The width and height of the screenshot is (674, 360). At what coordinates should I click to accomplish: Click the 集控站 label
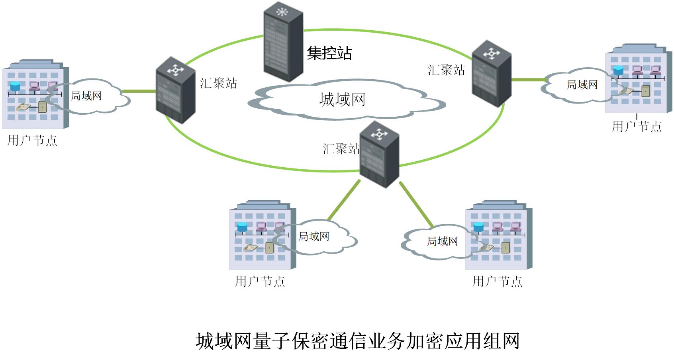point(329,53)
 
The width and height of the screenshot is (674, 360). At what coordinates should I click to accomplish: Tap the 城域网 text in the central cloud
point(342,99)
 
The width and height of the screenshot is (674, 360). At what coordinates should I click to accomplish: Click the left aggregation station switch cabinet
point(175,90)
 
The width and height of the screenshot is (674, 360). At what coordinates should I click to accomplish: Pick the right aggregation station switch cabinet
point(491,74)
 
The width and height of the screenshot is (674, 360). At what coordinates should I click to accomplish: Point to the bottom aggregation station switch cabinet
point(379,154)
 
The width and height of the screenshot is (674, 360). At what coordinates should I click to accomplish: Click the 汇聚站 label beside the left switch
point(218,83)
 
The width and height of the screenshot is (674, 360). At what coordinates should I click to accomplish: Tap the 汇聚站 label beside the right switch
point(446,70)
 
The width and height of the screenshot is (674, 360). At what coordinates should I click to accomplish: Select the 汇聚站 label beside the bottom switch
point(341,149)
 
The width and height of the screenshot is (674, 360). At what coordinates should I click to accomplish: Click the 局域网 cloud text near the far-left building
point(86,96)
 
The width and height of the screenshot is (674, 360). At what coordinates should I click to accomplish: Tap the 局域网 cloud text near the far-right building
point(582,84)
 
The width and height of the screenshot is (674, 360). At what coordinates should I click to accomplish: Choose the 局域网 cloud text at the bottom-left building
point(313,236)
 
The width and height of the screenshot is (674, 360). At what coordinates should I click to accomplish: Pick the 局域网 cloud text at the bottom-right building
point(442,241)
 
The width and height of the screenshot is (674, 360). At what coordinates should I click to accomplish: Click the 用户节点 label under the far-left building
point(32,140)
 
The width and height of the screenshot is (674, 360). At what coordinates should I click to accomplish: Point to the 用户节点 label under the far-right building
point(637,127)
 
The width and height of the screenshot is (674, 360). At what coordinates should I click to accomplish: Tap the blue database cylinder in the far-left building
point(15,86)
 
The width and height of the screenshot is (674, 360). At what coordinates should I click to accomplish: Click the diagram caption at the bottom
point(357,341)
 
